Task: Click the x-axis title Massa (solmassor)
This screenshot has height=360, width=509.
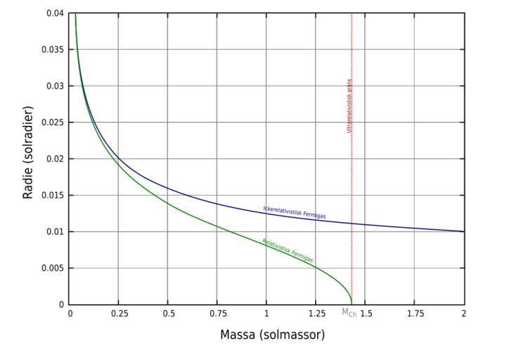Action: [x=272, y=335]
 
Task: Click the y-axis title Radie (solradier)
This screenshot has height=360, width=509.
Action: [x=29, y=153]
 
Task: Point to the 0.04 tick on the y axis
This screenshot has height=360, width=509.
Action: [x=56, y=13]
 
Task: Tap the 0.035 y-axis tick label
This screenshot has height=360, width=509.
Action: [x=54, y=50]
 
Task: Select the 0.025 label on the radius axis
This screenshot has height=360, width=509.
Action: [x=54, y=122]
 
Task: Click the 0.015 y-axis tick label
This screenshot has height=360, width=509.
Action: [x=54, y=195]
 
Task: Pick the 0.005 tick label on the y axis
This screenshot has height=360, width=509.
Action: [x=54, y=268]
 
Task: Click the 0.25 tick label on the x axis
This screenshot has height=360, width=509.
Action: [x=118, y=313]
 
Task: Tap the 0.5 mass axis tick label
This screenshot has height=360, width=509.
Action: [x=168, y=313]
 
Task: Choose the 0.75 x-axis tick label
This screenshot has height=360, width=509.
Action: [x=217, y=313]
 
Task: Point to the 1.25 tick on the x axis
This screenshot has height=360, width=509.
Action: [x=316, y=313]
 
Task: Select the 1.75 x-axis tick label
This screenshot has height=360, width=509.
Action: [x=414, y=313]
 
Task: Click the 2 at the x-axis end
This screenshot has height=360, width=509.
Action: [x=464, y=313]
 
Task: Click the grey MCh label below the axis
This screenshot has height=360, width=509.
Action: [x=349, y=313]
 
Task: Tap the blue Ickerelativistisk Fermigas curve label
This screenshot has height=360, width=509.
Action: [x=295, y=212]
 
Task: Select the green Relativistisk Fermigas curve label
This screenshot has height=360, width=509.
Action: [x=288, y=250]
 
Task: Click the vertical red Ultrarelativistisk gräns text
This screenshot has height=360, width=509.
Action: [x=349, y=106]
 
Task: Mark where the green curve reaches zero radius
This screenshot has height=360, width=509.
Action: [x=352, y=304]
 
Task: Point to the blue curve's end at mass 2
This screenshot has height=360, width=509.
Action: [x=464, y=231]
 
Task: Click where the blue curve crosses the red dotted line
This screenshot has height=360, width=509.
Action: [x=352, y=224]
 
